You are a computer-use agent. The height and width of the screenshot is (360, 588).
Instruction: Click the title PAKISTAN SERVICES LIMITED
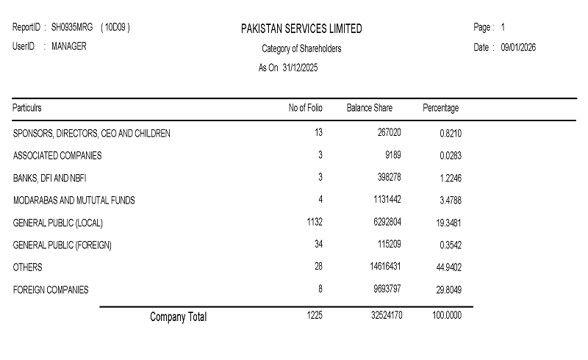coord(301,29)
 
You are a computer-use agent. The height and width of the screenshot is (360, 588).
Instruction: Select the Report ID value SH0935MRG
coord(72,28)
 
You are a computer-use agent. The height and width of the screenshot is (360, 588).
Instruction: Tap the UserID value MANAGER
coord(69,46)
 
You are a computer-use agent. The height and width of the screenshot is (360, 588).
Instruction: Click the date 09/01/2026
coord(518,48)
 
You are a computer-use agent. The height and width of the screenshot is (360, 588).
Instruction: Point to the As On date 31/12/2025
coord(300,68)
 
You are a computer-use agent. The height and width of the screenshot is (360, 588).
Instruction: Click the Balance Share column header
coord(369,108)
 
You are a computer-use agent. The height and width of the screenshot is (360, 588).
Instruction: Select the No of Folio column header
coord(305,108)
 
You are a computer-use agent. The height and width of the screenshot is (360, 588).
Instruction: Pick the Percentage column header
coord(440,108)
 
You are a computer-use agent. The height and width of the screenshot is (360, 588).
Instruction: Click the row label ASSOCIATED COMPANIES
coord(57,156)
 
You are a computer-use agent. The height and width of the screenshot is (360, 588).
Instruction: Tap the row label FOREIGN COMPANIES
coord(51,290)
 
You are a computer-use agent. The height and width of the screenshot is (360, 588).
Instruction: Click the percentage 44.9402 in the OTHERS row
coord(448,268)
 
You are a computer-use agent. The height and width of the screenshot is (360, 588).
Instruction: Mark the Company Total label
coord(178,317)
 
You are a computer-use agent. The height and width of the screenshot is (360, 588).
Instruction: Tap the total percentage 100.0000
coord(447,316)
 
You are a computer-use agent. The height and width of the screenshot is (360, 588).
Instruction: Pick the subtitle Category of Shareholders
coord(301,48)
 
